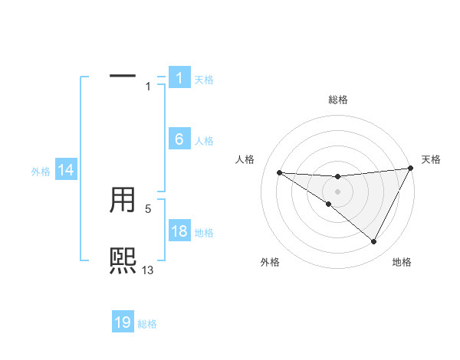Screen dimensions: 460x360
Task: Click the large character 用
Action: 123,201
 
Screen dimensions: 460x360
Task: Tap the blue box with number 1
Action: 179,78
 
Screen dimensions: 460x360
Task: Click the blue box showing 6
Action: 179,139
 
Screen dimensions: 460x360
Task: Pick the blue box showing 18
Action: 179,232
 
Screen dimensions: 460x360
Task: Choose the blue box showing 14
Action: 66,171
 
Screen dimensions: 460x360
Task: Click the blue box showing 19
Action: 123,322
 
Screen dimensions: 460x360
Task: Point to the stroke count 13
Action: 148,270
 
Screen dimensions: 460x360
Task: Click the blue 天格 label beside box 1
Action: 204,80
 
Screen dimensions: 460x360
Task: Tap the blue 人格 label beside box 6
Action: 204,141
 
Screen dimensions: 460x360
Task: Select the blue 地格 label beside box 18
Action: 204,233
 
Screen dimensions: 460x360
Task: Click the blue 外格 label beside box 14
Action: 41,172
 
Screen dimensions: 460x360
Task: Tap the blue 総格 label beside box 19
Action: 147,324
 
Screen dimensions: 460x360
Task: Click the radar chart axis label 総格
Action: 337,100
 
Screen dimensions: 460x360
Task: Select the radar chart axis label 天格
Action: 431,159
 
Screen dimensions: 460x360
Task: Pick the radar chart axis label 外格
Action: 270,262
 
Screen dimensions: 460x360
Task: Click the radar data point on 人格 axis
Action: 280,172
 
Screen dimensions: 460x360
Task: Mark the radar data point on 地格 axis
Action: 373,241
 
